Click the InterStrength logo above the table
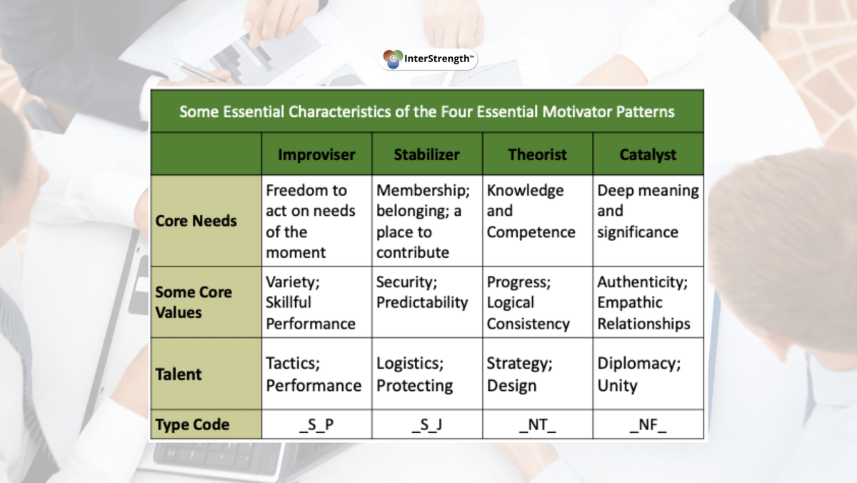428,59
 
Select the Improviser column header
316,154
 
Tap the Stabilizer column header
426,154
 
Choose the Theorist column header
537,154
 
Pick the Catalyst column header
648,154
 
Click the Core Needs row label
196,221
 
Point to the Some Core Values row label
194,302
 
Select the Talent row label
179,374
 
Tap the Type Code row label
192,424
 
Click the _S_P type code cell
316,424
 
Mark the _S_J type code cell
426,424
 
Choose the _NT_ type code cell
537,424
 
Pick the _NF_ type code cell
648,424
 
